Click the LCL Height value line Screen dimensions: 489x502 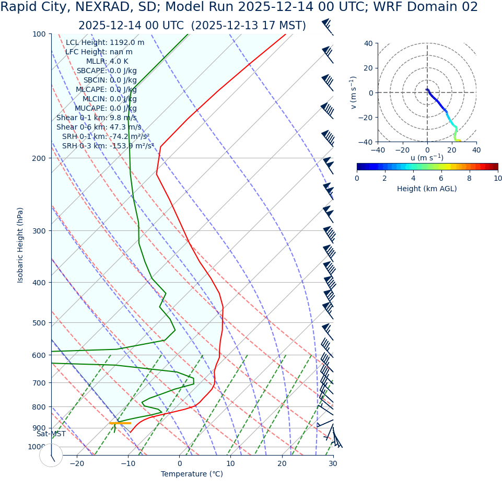[x=105, y=42]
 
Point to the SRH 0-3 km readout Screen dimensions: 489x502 [x=108, y=146]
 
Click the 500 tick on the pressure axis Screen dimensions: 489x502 [x=39, y=323]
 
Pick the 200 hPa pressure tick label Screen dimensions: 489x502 [x=39, y=158]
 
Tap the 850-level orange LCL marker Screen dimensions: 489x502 [x=120, y=423]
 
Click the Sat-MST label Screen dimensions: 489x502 [x=51, y=434]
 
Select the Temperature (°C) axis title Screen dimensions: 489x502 [x=192, y=474]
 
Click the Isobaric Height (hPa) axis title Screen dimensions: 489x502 [x=20, y=245]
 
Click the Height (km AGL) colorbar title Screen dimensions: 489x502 [x=427, y=189]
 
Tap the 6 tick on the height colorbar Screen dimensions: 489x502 [x=441, y=179]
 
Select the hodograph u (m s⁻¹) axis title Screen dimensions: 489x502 [x=427, y=158]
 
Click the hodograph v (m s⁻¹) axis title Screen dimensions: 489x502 [x=354, y=92]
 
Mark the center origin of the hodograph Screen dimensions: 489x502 [x=427, y=92]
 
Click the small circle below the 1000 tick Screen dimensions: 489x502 [x=51, y=455]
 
